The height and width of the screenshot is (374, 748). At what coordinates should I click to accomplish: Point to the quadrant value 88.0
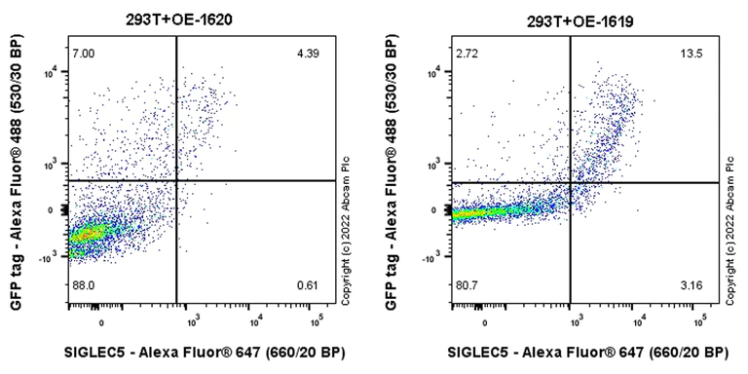83,285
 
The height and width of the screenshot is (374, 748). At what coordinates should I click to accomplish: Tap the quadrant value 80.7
467,285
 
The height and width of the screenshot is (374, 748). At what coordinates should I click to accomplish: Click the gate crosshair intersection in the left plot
176,181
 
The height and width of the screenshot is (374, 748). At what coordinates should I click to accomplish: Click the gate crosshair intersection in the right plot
572,182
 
